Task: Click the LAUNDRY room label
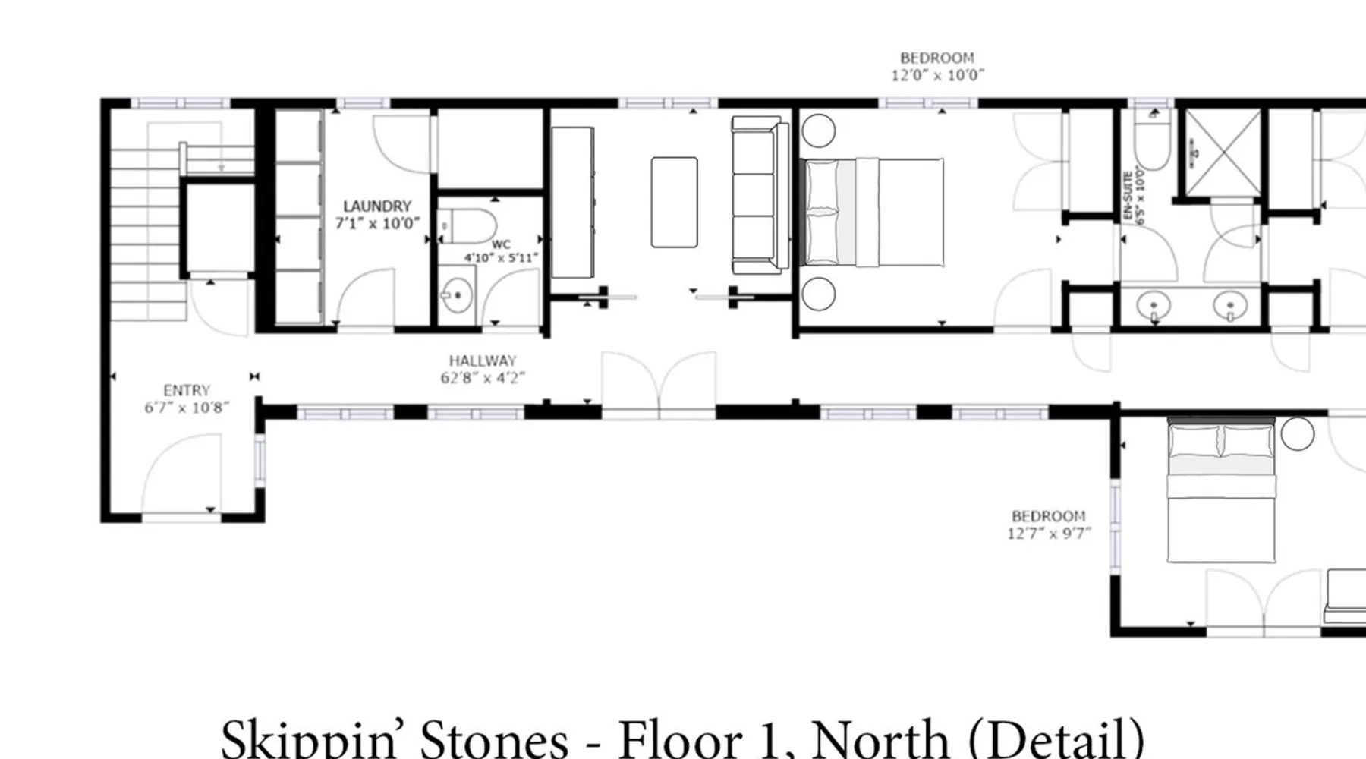[377, 206]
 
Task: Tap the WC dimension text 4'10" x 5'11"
[501, 258]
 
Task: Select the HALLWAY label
[483, 361]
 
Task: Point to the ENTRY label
[187, 390]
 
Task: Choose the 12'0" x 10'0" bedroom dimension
[937, 75]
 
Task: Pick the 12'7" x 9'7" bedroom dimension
[1049, 534]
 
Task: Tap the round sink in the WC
[457, 294]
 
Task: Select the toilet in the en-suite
[1153, 140]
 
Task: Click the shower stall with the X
[1223, 153]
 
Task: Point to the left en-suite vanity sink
[1154, 307]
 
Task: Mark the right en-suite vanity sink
[1230, 307]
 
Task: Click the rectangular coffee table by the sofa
[674, 202]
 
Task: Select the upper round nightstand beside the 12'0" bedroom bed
[818, 131]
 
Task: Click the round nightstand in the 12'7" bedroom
[1297, 433]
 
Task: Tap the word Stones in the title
[493, 738]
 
